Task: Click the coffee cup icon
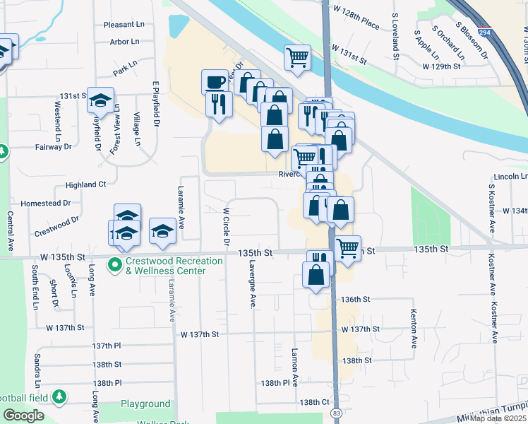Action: pyautogui.click(x=215, y=81)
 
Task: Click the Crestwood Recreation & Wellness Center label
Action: pyautogui.click(x=165, y=266)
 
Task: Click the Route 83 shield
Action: pyautogui.click(x=336, y=412)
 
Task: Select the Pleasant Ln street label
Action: pyautogui.click(x=124, y=24)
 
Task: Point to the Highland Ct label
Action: pyautogui.click(x=85, y=184)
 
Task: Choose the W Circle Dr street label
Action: pyautogui.click(x=227, y=226)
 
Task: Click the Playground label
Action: pyautogui.click(x=145, y=404)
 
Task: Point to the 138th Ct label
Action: pyautogui.click(x=314, y=402)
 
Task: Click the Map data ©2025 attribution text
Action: pyautogui.click(x=498, y=418)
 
